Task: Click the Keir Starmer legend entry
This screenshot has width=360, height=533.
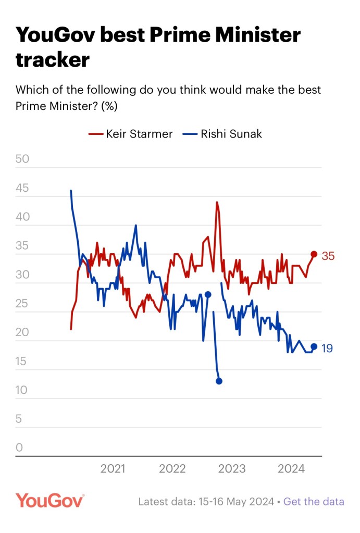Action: [x=130, y=134]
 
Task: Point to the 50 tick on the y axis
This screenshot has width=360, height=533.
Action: [x=22, y=159]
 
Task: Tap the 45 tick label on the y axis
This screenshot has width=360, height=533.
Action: [x=22, y=188]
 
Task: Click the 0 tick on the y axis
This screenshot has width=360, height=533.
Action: [x=19, y=448]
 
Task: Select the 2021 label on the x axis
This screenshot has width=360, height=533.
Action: [x=113, y=469]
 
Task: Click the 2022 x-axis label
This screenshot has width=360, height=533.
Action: [x=172, y=469]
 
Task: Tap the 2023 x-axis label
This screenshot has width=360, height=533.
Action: [x=232, y=469]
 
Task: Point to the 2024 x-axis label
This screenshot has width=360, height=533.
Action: [x=291, y=469]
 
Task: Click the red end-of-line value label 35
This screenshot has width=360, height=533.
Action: [x=328, y=256]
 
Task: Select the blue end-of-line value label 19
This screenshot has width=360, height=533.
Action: [x=327, y=348]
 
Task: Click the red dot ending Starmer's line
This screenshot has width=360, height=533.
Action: [x=314, y=254]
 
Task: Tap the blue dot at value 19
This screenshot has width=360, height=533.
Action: [x=314, y=346]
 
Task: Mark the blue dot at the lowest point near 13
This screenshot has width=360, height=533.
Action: [x=219, y=381]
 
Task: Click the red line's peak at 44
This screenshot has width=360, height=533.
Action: [x=216, y=202]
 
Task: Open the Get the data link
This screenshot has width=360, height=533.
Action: [x=314, y=502]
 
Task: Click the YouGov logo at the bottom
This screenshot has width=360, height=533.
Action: [x=49, y=501]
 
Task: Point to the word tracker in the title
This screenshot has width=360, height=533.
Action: [x=52, y=60]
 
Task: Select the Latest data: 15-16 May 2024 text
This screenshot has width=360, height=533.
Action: [x=206, y=502]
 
